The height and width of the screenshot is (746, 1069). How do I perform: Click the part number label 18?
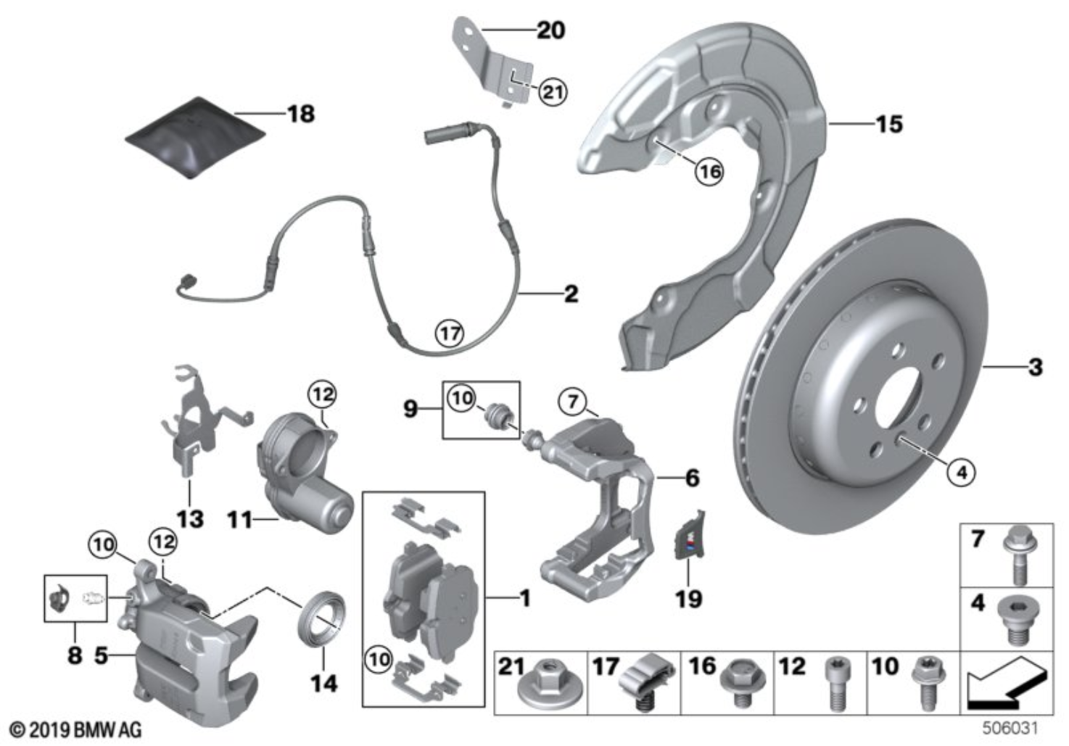[x=300, y=114]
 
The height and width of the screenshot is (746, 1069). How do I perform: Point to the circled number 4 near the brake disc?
[x=962, y=473]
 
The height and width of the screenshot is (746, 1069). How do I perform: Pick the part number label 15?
[x=889, y=124]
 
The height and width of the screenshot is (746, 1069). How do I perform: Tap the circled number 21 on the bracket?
[x=553, y=92]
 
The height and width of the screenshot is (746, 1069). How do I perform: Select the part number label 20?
[x=550, y=30]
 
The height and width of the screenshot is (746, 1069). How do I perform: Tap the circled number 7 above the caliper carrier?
[x=573, y=400]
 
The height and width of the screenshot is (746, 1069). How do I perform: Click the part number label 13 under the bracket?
[x=190, y=519]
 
